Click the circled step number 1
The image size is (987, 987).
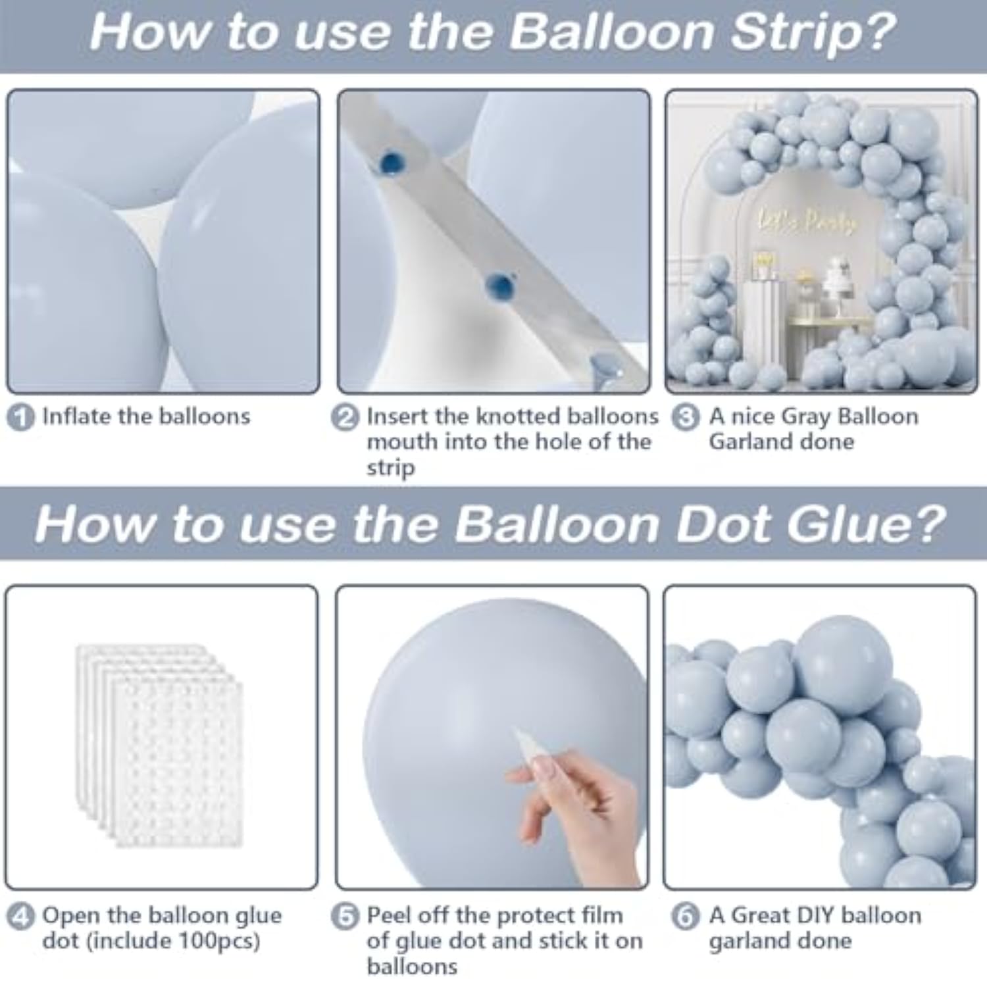20,418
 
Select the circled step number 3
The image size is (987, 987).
686,418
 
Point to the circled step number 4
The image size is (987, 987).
20,916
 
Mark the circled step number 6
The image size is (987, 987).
686,916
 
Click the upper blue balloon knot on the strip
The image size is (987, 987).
391,163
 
